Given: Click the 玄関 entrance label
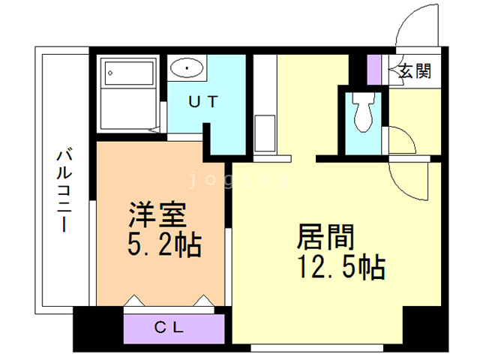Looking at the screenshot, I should tap(414, 72).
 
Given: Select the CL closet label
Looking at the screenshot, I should tap(174, 327).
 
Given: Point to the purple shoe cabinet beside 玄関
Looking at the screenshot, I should tap(374, 70).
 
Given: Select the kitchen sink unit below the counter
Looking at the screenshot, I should tap(265, 133).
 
